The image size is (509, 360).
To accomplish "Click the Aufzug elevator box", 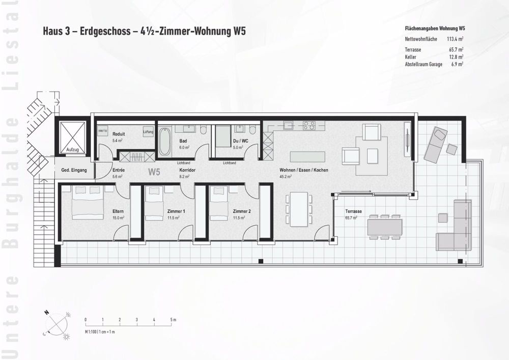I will click(72, 136).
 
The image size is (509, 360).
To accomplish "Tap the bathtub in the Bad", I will click(165, 142).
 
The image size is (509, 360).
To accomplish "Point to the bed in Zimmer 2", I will click(218, 203).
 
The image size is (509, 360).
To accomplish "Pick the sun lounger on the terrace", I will click(436, 145).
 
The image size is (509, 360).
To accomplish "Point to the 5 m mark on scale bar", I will click(171, 320).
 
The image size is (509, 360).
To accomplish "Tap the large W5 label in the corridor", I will click(154, 172).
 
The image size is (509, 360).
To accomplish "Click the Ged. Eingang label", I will click(74, 170).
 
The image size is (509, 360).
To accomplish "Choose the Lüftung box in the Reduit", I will click(148, 132).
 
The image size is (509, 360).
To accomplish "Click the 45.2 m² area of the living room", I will click(285, 177).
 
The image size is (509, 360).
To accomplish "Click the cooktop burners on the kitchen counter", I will click(309, 125).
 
